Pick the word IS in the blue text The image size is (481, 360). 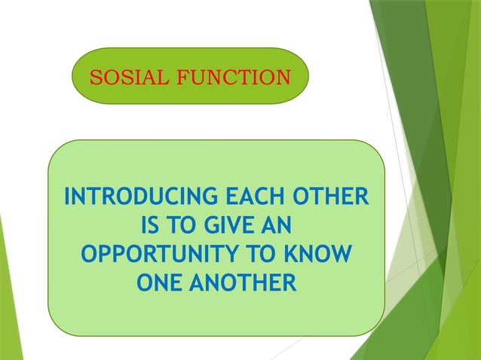[151, 226]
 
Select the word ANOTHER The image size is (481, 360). [241, 283]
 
